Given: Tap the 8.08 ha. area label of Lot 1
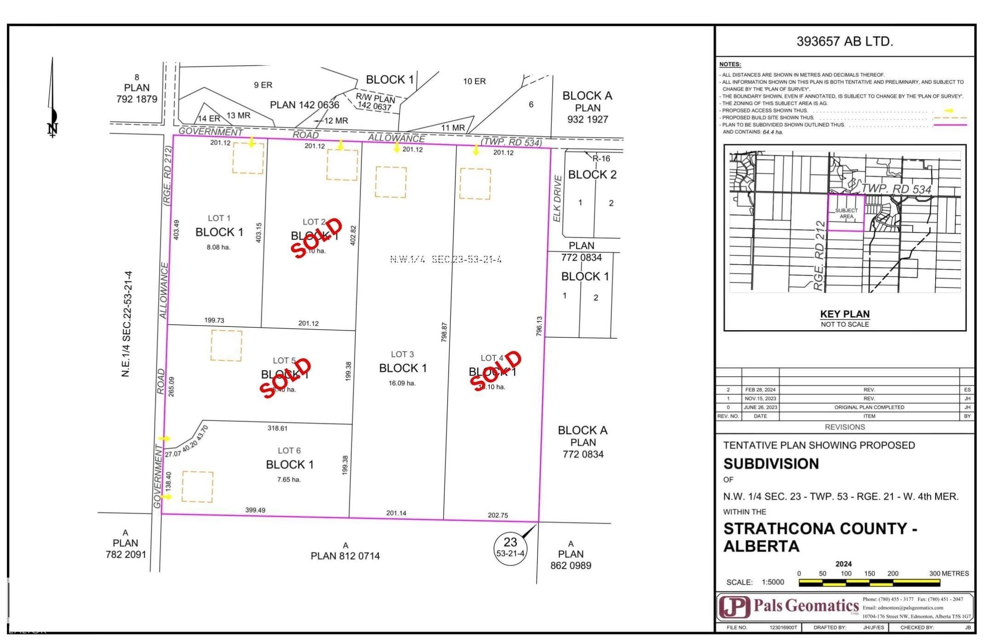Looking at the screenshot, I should (x=218, y=247).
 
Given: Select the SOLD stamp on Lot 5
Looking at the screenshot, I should (x=286, y=377).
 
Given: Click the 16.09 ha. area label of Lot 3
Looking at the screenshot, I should (x=402, y=383).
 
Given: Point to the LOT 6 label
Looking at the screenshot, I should (x=289, y=451).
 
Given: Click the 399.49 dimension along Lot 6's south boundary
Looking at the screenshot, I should (x=255, y=510).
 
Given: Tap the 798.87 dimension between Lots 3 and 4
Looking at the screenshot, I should (x=444, y=332).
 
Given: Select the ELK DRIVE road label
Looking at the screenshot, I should (x=557, y=198).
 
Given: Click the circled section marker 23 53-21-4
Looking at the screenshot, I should (x=510, y=547).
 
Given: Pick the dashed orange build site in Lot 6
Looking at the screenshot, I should (x=198, y=486).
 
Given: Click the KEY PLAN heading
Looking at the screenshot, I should (x=845, y=314).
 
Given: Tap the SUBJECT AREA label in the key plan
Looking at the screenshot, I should (x=846, y=213).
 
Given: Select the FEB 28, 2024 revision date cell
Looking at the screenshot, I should (x=760, y=390).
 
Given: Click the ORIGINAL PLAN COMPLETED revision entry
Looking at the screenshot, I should (x=869, y=407).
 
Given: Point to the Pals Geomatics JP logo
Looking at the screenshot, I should (x=734, y=607).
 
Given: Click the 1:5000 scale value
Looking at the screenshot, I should (x=772, y=582).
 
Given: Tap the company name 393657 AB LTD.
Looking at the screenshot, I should (x=845, y=41).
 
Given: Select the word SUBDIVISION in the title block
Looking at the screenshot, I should (x=771, y=464).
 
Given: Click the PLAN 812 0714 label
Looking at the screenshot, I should (x=345, y=556).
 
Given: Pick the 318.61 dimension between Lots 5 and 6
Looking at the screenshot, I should (x=277, y=428).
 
